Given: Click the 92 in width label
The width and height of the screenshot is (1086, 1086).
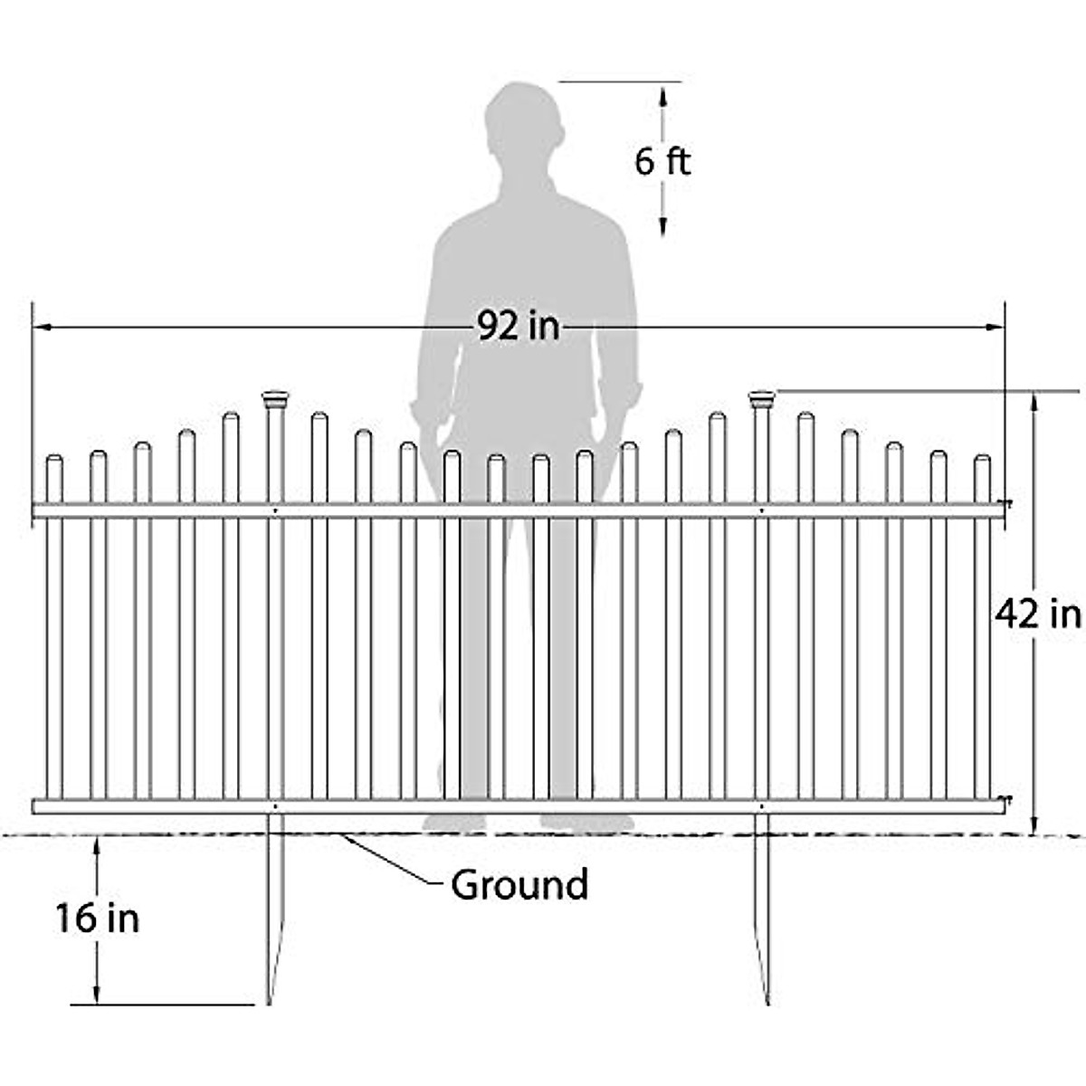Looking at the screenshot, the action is coord(519,326).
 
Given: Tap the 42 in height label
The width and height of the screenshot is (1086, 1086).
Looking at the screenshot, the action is coord(1038,614).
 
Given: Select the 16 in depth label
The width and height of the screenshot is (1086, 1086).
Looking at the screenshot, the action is coord(98,919).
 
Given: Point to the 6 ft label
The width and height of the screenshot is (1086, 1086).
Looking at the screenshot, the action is coord(662,162).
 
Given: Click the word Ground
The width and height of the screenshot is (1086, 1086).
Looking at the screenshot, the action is coord(519,884).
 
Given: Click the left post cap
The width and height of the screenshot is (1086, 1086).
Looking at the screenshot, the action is coord(275,397).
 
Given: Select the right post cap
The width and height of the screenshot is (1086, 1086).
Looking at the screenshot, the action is coord(762,397).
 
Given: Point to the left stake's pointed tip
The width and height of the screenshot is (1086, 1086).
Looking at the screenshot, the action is coord(269,999).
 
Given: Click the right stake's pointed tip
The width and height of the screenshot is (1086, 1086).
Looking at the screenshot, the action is coord(768,999).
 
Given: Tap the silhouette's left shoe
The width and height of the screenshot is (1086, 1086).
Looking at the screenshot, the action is coord(454,823).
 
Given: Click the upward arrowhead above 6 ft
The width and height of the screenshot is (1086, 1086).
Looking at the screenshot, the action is coord(663,91).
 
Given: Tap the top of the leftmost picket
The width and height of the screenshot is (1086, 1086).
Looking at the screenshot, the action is coord(54,460).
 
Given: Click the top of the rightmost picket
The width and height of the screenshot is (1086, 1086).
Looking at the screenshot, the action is coord(982,460).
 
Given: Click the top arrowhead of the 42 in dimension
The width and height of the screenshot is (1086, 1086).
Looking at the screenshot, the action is coord(1035,399).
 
